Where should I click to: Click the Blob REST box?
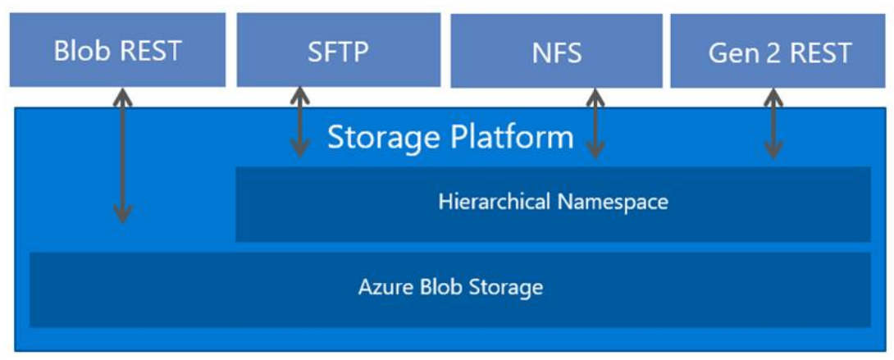click(x=117, y=51)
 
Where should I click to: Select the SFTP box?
click(x=338, y=51)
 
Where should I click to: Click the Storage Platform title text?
click(x=450, y=137)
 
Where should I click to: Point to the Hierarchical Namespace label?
click(x=553, y=202)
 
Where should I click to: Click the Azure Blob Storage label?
click(x=450, y=288)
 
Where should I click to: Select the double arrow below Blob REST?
click(x=122, y=156)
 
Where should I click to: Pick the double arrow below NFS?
click(x=595, y=123)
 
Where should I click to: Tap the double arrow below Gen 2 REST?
click(x=773, y=123)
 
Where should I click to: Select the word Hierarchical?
click(x=495, y=202)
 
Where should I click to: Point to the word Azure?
click(x=382, y=288)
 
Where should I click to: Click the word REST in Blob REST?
click(x=152, y=51)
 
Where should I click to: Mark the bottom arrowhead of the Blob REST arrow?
click(x=122, y=215)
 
